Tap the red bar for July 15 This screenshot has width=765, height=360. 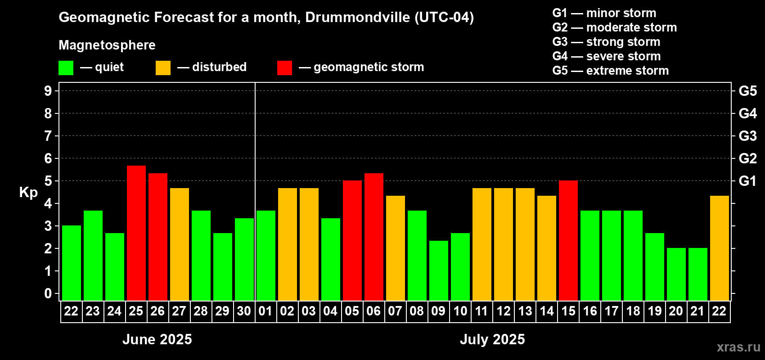(568, 241)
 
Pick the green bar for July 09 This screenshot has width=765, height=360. (438, 270)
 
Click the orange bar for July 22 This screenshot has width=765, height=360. (719, 248)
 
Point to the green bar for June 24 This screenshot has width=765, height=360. (114, 267)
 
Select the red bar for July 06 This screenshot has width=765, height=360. (373, 237)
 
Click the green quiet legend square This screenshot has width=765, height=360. (66, 68)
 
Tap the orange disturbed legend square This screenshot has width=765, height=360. (163, 68)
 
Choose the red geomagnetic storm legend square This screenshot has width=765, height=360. (284, 68)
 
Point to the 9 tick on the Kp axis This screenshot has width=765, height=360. (48, 91)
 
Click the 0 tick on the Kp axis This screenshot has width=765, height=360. (48, 293)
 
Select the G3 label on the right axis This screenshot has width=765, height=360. (747, 136)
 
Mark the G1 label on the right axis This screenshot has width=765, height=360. (747, 181)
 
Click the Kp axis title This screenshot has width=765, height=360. (28, 192)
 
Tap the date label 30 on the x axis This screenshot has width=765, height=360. (244, 311)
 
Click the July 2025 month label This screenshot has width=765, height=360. (492, 339)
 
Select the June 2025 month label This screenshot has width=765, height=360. (157, 339)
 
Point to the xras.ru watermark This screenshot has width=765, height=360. (738, 346)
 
